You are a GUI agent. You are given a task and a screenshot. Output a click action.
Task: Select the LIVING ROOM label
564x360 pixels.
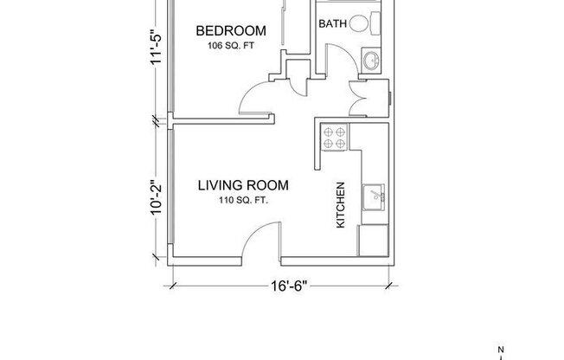click(242, 185)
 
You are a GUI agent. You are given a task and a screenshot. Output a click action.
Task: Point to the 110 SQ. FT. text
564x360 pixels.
click(242, 201)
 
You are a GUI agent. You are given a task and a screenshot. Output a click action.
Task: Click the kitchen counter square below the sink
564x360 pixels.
click(375, 238)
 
